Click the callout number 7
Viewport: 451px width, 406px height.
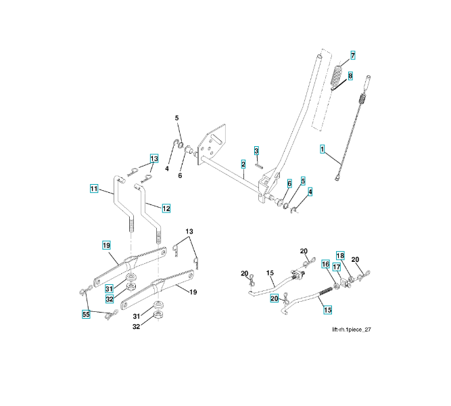tap(352, 54)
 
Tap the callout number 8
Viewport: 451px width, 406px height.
tap(350, 76)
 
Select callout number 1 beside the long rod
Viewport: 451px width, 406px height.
tap(323, 148)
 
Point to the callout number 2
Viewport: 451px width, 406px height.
tap(243, 164)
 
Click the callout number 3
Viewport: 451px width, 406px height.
tap(257, 150)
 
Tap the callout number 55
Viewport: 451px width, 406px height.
tap(86, 315)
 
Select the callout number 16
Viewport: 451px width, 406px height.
tap(325, 265)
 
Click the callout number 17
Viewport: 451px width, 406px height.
tap(336, 268)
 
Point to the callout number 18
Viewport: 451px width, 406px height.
tap(340, 256)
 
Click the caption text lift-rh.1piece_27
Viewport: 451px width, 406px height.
tap(352, 330)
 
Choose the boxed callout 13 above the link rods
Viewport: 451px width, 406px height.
tap(154, 158)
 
